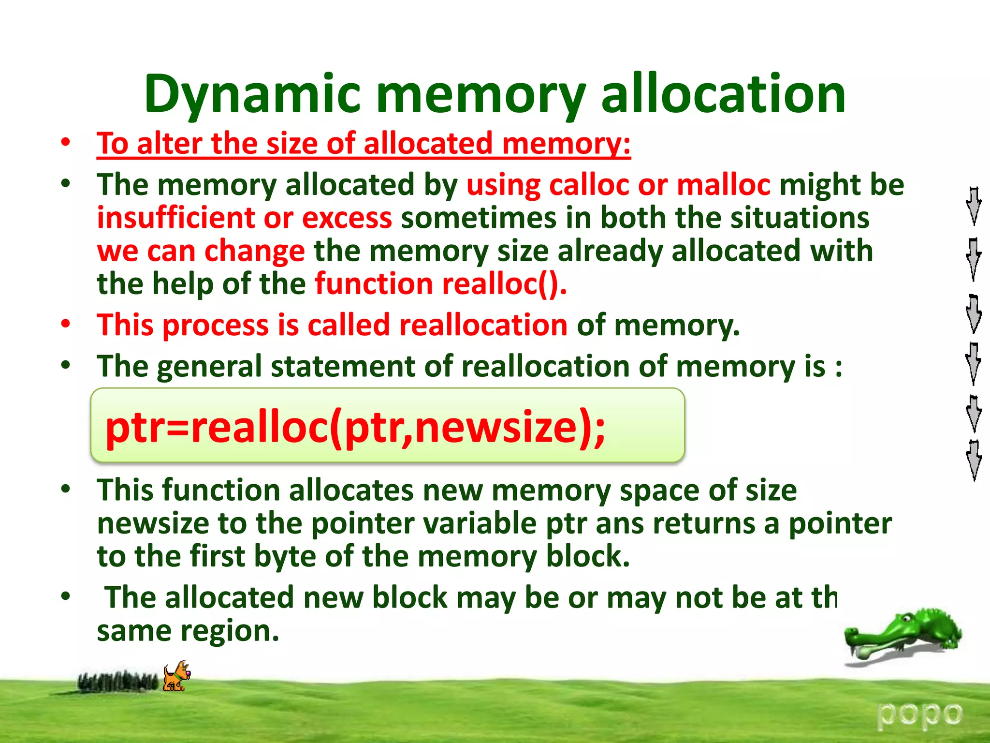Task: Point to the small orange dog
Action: click(x=176, y=676)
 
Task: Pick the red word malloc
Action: click(x=723, y=185)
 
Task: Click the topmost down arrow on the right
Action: click(x=974, y=206)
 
